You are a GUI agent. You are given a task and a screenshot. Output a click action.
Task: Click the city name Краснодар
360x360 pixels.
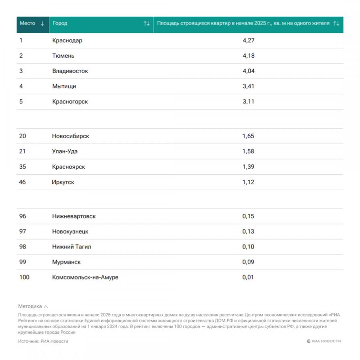(x=67, y=40)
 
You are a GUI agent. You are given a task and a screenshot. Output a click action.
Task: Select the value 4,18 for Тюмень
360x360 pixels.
(x=248, y=56)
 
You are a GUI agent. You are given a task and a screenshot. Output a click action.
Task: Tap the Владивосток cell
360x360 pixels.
(x=70, y=71)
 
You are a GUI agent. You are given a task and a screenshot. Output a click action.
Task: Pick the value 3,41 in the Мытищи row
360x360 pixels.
(x=248, y=86)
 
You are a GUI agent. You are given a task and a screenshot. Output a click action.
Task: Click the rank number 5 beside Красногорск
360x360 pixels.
(x=21, y=102)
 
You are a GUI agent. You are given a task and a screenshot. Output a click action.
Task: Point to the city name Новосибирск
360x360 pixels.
(x=70, y=136)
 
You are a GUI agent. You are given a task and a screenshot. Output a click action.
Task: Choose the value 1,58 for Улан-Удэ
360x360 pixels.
(x=248, y=151)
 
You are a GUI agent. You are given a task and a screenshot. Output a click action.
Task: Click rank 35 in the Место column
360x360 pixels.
(x=23, y=166)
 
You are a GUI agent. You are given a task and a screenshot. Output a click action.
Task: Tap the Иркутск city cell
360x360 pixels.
(x=63, y=182)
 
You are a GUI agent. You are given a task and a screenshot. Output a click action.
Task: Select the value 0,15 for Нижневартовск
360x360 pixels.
(x=248, y=216)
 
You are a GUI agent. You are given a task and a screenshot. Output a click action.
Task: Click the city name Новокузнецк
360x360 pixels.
(x=70, y=231)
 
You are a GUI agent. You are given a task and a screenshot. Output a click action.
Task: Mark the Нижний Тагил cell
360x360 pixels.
(x=72, y=246)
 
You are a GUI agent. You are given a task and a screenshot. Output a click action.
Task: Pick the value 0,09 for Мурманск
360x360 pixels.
(x=248, y=262)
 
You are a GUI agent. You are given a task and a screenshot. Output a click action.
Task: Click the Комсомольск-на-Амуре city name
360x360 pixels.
(x=85, y=277)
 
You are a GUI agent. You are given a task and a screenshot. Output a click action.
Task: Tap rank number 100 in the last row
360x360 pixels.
(x=24, y=277)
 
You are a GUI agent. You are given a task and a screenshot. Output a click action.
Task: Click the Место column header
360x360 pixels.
(x=28, y=23)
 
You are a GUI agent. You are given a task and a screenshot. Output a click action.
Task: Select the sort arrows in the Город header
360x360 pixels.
(x=147, y=24)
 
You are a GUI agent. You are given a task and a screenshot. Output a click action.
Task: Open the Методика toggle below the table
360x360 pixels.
(x=33, y=306)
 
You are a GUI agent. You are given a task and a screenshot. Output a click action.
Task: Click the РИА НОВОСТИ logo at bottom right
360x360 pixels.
(x=324, y=341)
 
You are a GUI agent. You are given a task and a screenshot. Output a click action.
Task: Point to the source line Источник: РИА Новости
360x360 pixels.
(x=43, y=341)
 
